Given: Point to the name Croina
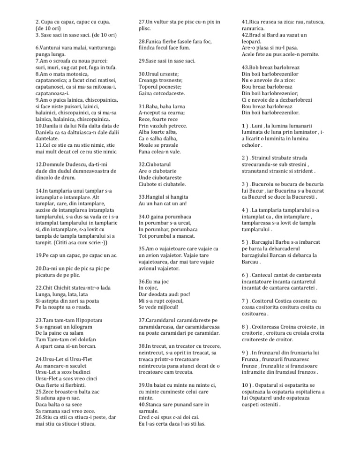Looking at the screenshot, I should coord(300,327).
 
